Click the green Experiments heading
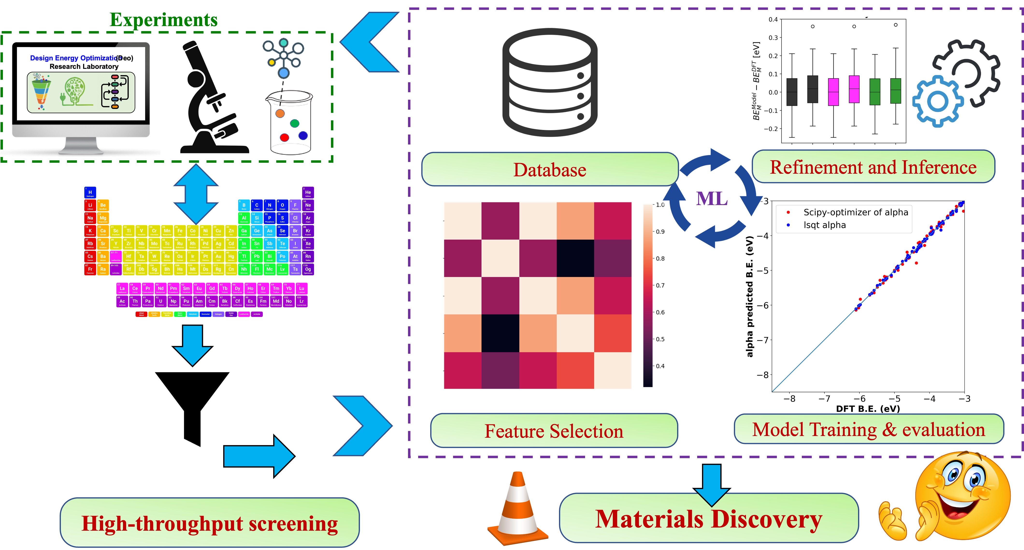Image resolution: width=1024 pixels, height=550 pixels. [163, 20]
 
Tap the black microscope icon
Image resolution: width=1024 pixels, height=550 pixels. [211, 99]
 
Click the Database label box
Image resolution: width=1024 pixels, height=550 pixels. [550, 169]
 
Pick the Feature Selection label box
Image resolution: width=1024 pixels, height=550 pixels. [554, 431]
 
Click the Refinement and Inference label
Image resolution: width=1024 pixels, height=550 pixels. [873, 167]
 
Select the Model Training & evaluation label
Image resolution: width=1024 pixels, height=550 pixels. [869, 429]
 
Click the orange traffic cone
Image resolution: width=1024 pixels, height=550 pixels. [518, 509]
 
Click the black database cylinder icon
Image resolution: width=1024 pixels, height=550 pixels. [550, 83]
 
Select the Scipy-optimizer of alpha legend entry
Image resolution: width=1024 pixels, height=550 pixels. [855, 212]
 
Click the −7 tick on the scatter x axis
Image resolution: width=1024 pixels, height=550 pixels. [824, 399]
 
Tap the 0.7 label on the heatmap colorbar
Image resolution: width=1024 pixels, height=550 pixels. [660, 285]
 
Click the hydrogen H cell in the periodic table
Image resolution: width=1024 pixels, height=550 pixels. [90, 193]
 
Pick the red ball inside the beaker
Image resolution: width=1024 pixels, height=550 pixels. [284, 137]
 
